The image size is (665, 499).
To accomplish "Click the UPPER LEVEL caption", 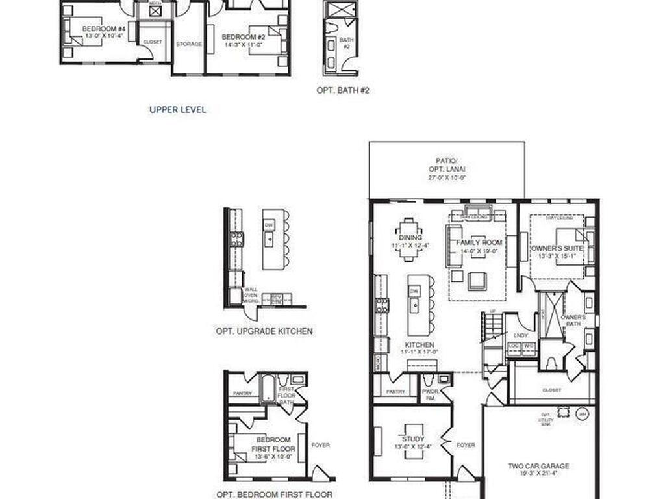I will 177,110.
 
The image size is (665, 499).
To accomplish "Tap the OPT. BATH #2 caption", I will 343,90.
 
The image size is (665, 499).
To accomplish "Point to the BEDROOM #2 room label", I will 243,37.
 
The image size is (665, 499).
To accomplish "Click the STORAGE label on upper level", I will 189,44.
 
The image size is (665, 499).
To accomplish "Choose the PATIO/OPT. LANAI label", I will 447,168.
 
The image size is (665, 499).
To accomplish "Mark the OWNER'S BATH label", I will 573,320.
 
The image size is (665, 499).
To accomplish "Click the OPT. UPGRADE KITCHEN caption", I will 264,331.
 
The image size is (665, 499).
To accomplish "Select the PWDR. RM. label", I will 430,394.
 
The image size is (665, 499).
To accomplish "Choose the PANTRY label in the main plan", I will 395,392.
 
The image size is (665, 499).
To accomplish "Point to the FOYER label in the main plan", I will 466,445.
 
